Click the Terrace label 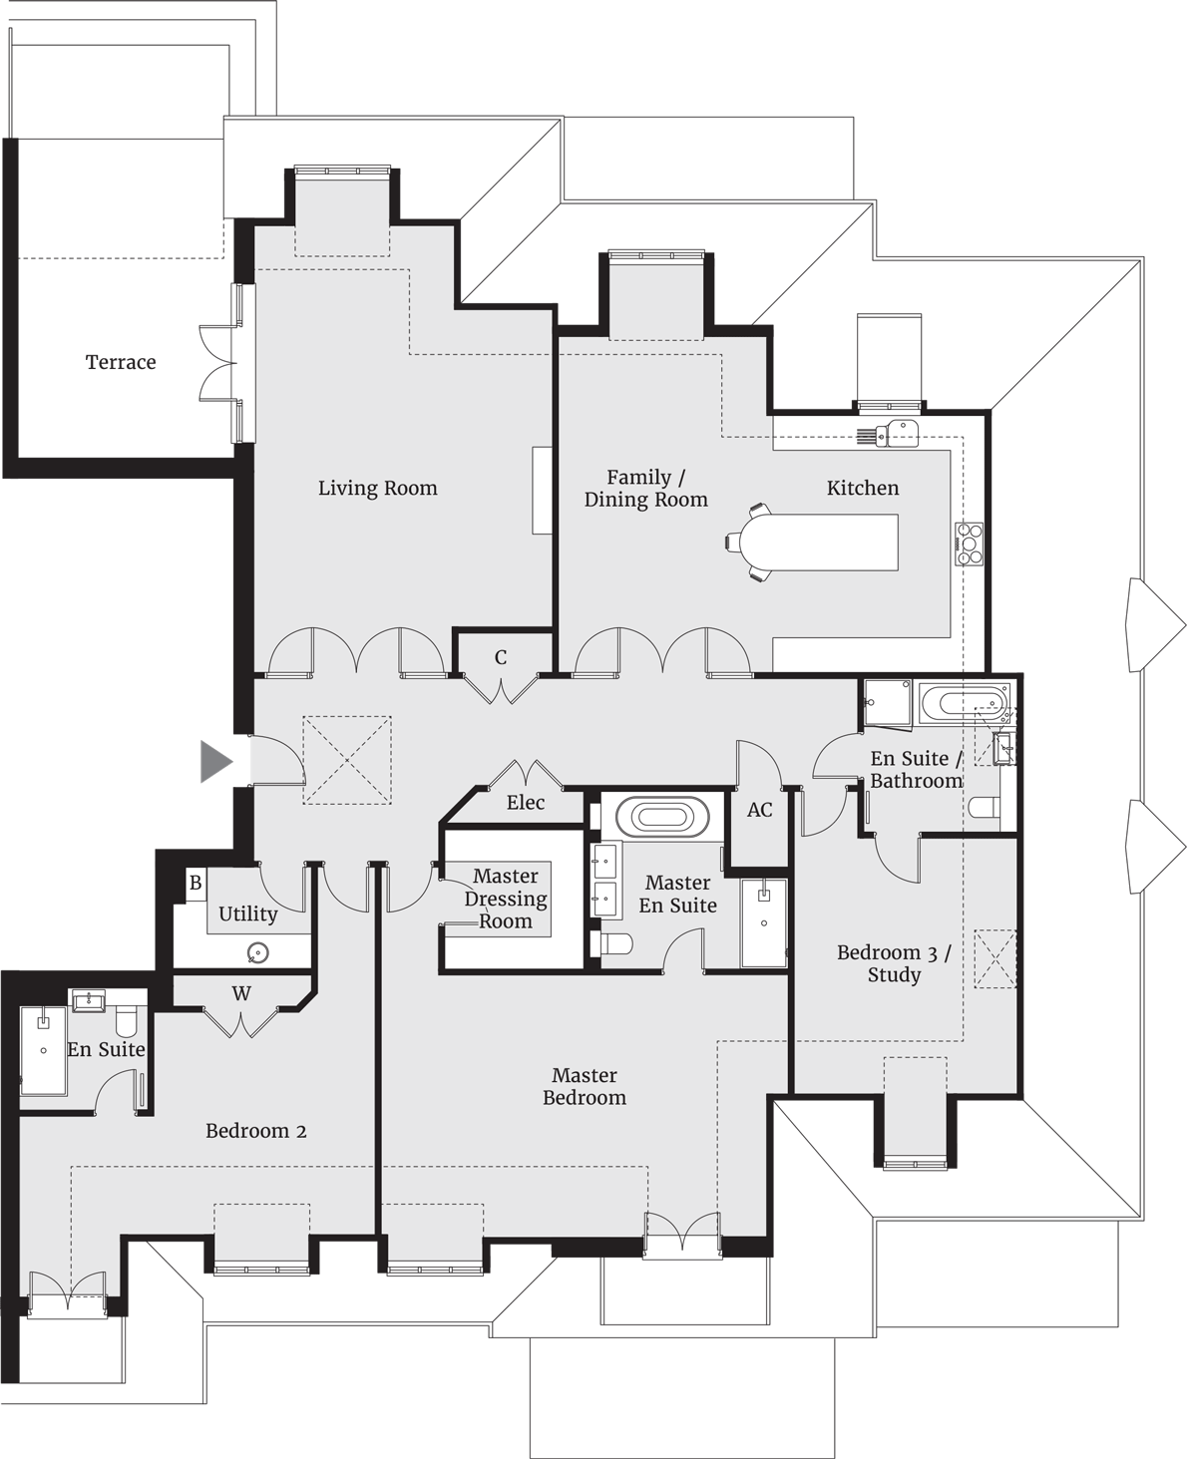[121, 362]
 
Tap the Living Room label [377, 488]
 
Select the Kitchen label [863, 488]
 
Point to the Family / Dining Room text [645, 489]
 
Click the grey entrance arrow [215, 762]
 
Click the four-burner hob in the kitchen [970, 545]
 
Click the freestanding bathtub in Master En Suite [655, 818]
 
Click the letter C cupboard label [501, 658]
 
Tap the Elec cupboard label [526, 803]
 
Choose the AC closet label [760, 810]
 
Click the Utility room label [248, 913]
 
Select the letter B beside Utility [196, 883]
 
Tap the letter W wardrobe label [241, 993]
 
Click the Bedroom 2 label [256, 1131]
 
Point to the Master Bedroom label [585, 1086]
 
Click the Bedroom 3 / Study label [894, 963]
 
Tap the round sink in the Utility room [258, 954]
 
